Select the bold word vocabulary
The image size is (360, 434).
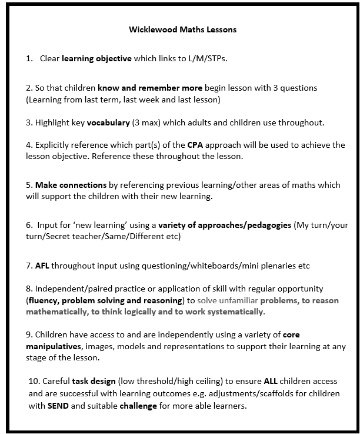[x=109, y=123]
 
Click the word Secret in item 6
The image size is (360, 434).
[x=60, y=236]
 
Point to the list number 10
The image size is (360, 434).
[x=33, y=382]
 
